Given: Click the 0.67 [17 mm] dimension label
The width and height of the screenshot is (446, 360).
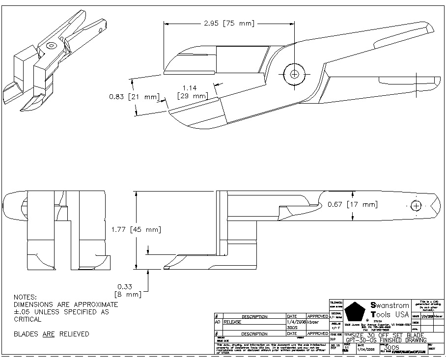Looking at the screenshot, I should (353, 204).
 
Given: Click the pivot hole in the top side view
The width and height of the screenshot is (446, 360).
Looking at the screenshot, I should (294, 74).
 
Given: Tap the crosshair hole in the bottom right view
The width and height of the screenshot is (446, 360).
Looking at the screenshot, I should (416, 205).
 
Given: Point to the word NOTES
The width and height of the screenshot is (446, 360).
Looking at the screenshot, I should (26, 297).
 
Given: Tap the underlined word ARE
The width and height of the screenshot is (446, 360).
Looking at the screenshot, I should (48, 334).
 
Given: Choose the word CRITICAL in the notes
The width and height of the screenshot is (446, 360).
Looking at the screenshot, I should (28, 319).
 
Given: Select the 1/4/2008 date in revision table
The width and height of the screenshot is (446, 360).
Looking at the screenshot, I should (296, 322).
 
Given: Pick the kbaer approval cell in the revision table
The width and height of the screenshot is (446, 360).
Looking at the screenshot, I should (313, 322).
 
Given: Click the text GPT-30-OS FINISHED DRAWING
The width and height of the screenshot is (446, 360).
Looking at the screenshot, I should (385, 340).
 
